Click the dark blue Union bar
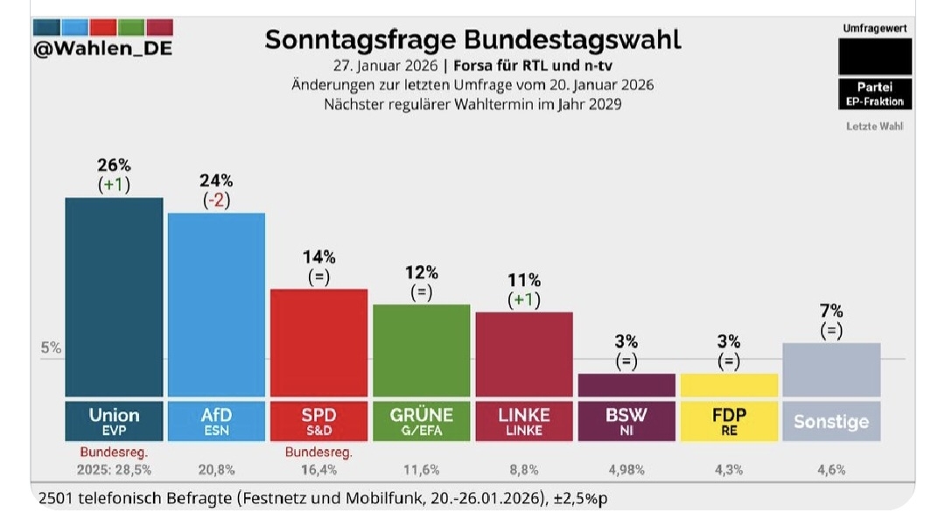(x=114, y=298)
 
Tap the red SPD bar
(x=318, y=342)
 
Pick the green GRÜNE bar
(x=422, y=350)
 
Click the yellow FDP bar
(x=729, y=385)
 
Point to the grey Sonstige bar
(x=831, y=369)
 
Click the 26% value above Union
(x=114, y=165)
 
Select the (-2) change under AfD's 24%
(x=216, y=200)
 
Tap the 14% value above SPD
(x=318, y=256)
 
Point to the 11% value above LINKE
(x=524, y=280)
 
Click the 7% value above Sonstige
(x=831, y=312)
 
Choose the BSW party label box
(x=626, y=420)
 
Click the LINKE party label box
(x=524, y=420)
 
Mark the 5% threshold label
(x=51, y=347)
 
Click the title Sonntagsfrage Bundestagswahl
(x=472, y=39)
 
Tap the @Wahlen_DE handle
(x=102, y=49)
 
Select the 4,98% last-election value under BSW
(x=626, y=469)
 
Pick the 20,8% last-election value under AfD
(x=216, y=469)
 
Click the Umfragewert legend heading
(x=874, y=28)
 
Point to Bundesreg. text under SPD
(x=318, y=452)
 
